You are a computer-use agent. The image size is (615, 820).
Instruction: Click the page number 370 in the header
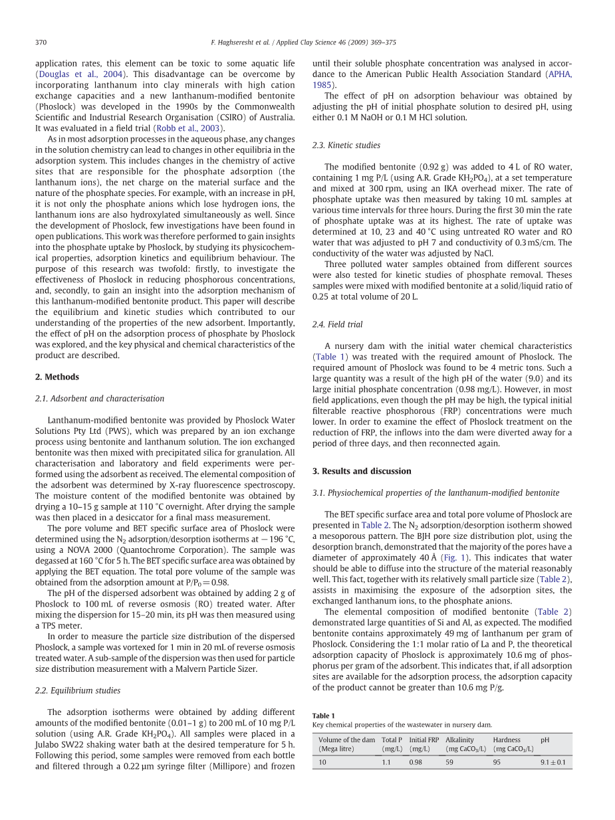click(x=41, y=43)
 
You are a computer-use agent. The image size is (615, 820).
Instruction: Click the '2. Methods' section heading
click(x=57, y=377)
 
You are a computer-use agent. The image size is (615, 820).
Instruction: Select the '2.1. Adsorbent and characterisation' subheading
click(x=99, y=399)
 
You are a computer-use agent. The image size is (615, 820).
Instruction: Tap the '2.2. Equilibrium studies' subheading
click(x=78, y=690)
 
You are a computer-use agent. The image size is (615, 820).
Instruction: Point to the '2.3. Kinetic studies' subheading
click(x=346, y=145)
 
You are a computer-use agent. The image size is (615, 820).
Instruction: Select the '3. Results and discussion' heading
click(x=362, y=471)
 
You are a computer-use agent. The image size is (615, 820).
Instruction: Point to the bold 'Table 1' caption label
click(x=324, y=715)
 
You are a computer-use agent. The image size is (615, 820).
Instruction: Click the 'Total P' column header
click(x=392, y=740)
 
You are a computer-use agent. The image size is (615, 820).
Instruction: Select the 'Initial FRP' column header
click(x=424, y=740)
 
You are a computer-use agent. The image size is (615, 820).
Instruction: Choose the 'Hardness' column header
click(x=507, y=740)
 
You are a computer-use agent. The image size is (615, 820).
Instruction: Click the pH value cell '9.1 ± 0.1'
click(x=553, y=762)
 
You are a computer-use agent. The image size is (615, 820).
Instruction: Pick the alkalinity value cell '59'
click(x=449, y=762)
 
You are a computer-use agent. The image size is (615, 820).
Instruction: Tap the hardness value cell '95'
click(x=497, y=762)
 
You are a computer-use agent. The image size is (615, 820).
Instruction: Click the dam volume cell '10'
click(x=322, y=762)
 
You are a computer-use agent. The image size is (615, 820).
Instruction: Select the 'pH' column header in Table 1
click(x=545, y=740)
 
